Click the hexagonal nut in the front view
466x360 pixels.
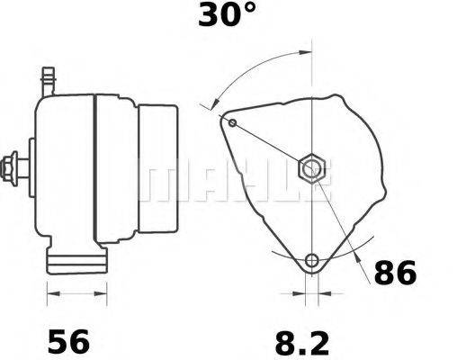(x=310, y=167)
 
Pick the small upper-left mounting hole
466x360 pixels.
(x=233, y=121)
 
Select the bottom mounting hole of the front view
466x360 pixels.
(x=311, y=261)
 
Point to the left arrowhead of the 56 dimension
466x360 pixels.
(x=51, y=292)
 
